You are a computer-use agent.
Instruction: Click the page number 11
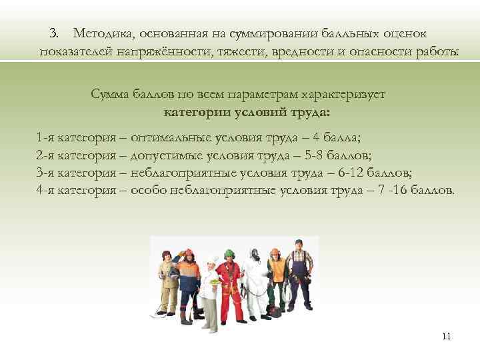tap(446, 336)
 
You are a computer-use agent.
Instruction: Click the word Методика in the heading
tap(101, 33)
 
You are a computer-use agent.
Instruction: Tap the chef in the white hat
tap(211, 283)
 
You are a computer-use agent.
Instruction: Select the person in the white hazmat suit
tap(253, 280)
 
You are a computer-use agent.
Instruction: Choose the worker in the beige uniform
tap(165, 280)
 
